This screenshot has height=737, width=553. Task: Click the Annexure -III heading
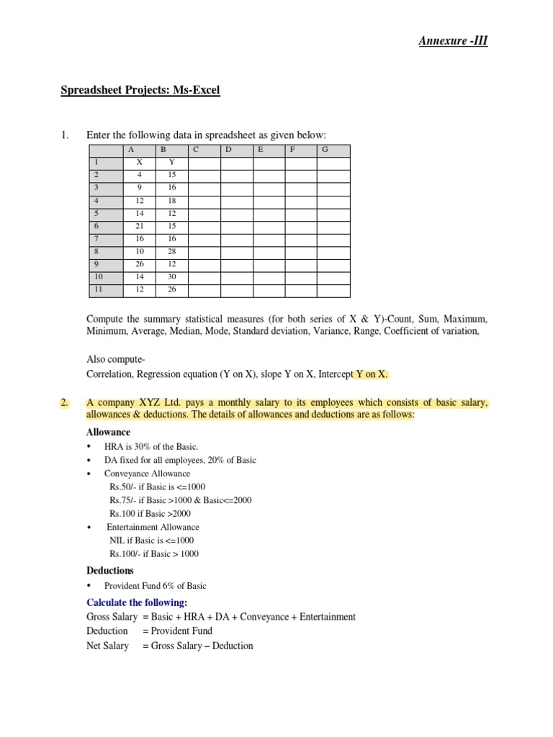(x=453, y=41)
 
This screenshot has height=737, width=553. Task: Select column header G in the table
(x=325, y=150)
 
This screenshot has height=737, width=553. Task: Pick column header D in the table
(x=228, y=150)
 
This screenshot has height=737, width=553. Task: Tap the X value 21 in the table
(x=140, y=226)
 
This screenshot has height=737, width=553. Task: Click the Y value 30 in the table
(x=171, y=277)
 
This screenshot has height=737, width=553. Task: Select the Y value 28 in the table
(x=171, y=252)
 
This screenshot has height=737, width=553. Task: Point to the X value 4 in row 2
(x=140, y=175)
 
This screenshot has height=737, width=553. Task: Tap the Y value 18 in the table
(x=171, y=201)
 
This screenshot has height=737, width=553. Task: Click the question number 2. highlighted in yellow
(x=65, y=403)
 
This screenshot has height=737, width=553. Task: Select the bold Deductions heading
(x=109, y=571)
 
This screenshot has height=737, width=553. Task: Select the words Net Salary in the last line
(x=107, y=646)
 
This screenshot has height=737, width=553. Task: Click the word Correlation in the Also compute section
(x=109, y=374)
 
